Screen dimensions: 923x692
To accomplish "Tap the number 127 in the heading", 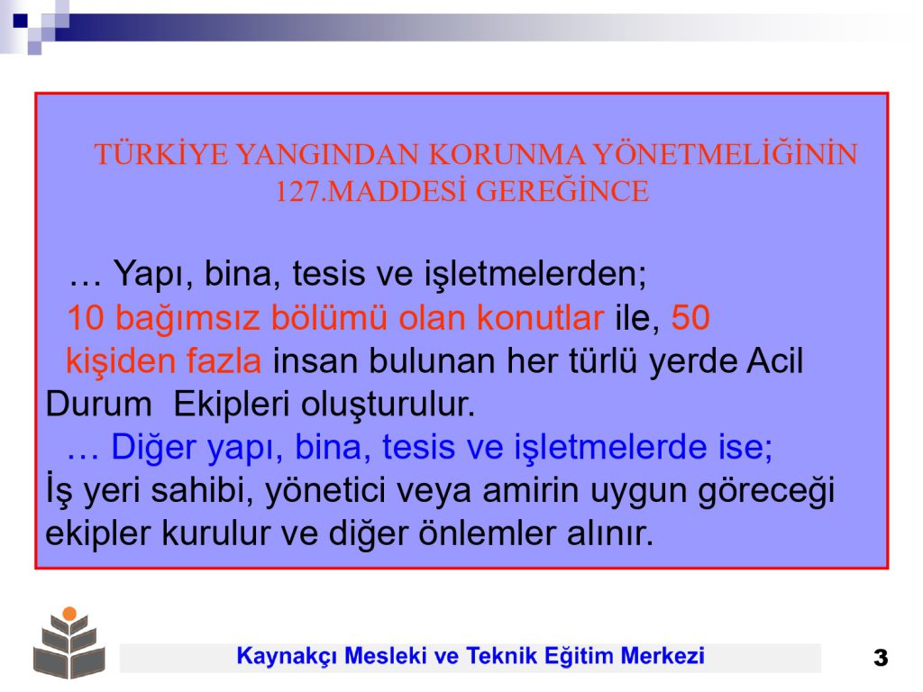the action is coord(297,191).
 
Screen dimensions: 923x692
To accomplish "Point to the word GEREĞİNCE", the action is coord(562,190).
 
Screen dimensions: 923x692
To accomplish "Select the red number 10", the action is coord(86,318).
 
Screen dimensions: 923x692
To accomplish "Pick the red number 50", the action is coord(690,318).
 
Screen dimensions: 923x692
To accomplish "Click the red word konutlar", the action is coord(540,318).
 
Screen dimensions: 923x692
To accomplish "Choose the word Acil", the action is coord(774,360).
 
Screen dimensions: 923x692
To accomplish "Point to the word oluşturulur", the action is coord(388,405).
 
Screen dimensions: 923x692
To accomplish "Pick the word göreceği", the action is coord(766,492).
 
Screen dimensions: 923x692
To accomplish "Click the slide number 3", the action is coord(881,657).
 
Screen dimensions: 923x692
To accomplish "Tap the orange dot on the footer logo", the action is coord(69,614).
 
